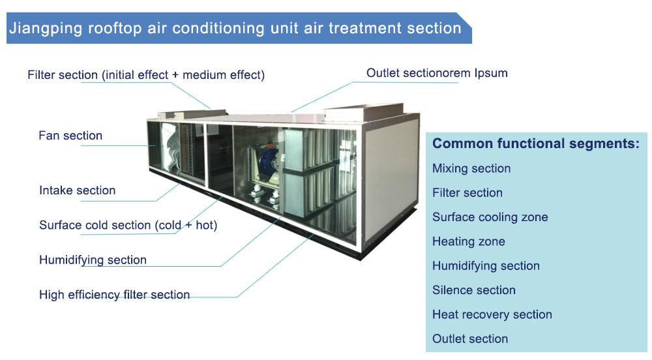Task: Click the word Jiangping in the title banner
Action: click(46, 29)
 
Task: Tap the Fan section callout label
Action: click(70, 136)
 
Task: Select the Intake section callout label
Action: click(78, 190)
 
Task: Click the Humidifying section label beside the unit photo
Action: click(93, 260)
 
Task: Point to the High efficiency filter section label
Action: click(114, 295)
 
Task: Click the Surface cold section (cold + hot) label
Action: click(128, 225)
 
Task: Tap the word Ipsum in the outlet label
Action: click(491, 73)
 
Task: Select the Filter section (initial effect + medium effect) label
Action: click(146, 75)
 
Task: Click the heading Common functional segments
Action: click(536, 143)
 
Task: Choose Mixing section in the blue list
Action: click(471, 168)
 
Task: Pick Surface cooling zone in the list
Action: click(490, 217)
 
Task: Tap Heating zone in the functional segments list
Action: click(469, 241)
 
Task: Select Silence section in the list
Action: click(474, 290)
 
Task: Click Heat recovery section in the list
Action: click(492, 314)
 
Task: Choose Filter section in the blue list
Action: click(467, 193)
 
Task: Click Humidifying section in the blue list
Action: click(486, 266)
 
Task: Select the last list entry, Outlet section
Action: click(470, 338)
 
